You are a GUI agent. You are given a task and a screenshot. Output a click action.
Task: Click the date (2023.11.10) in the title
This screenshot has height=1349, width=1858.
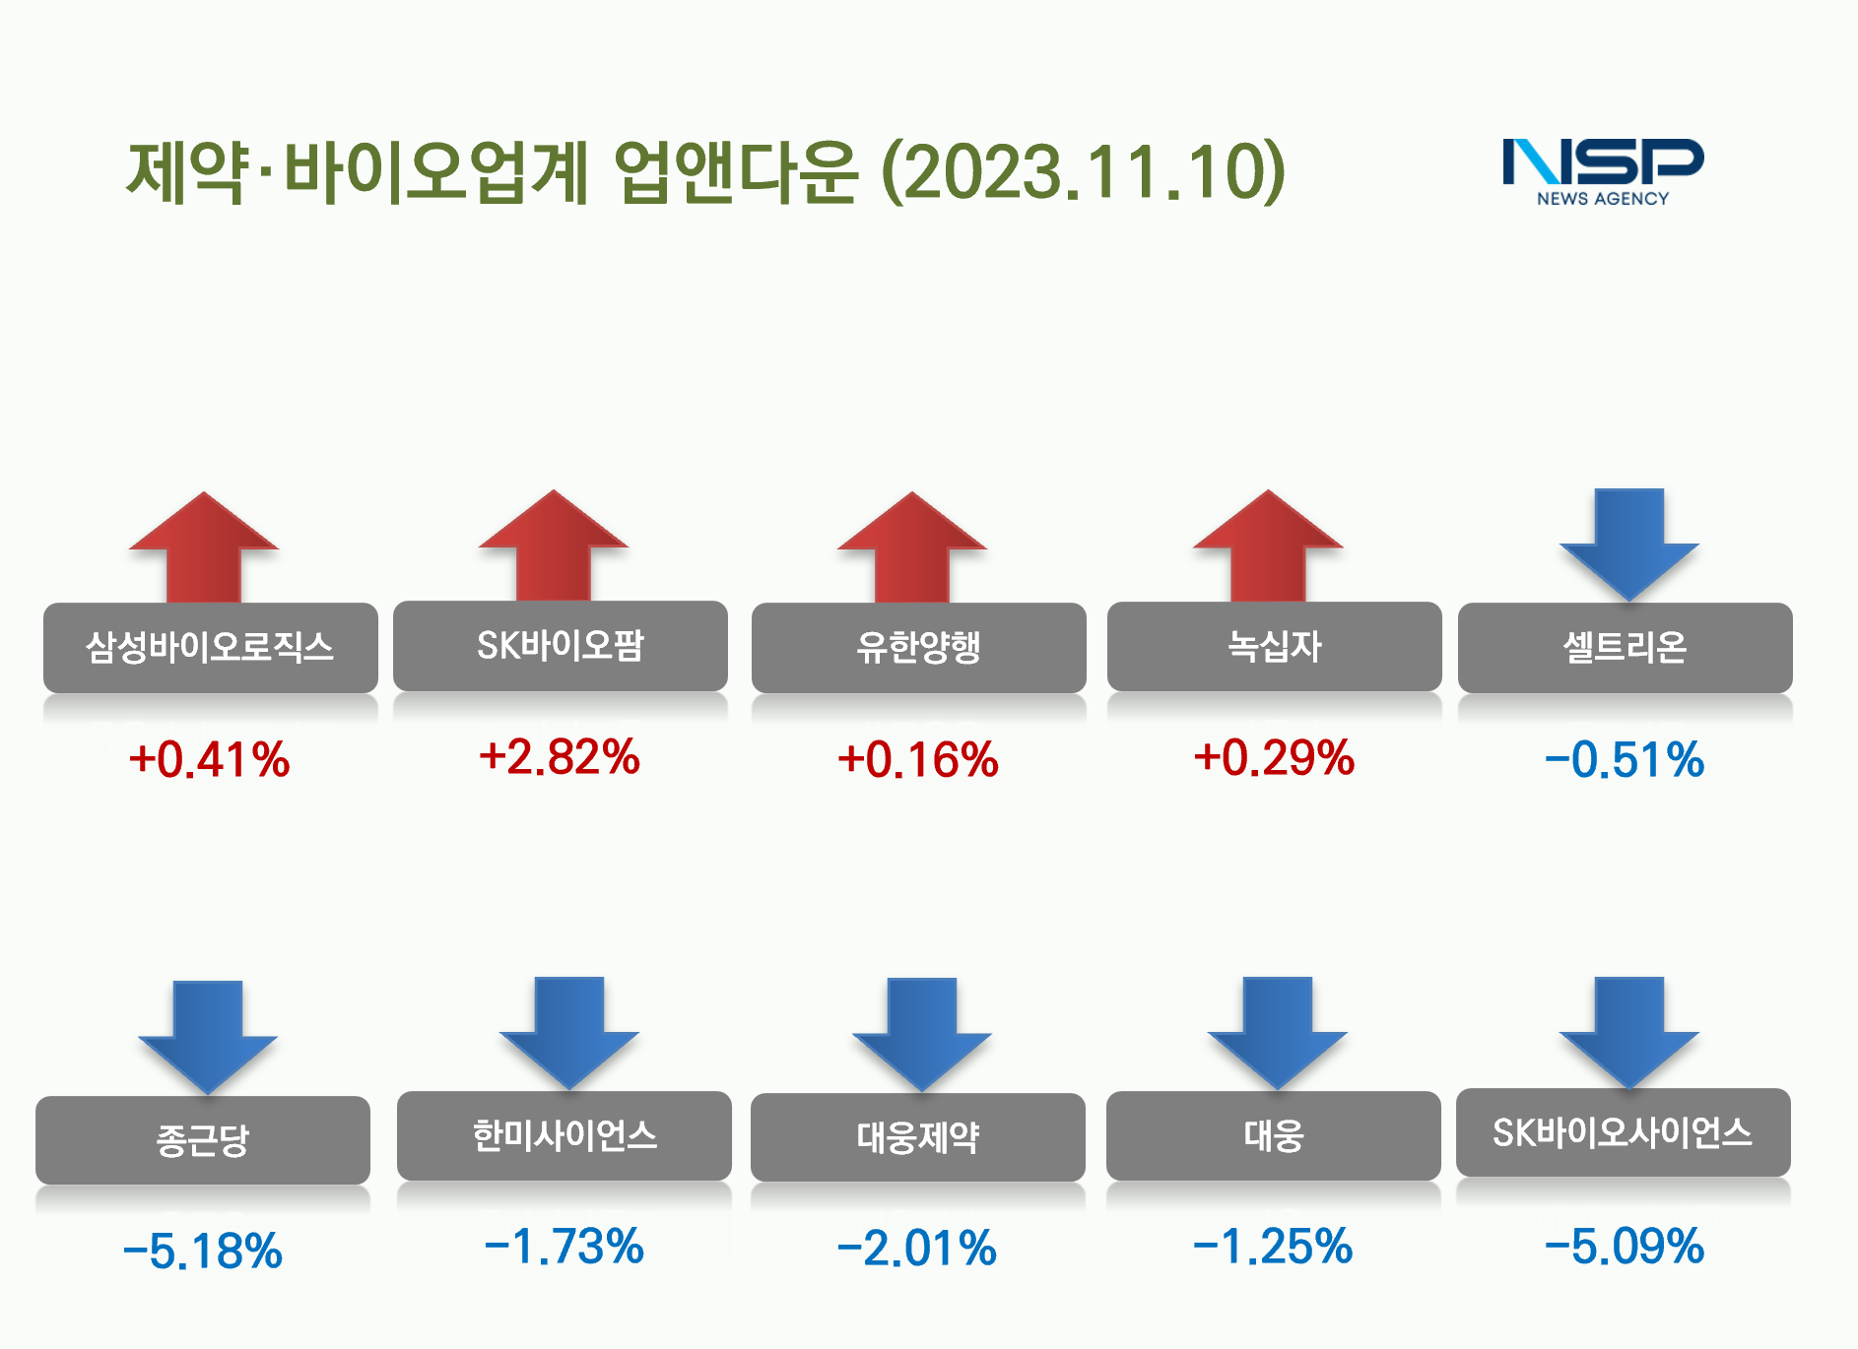[1084, 172]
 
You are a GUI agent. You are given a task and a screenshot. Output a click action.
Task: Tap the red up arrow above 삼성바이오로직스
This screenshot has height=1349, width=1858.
[204, 546]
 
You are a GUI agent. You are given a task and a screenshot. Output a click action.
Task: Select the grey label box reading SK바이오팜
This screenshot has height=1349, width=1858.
[561, 646]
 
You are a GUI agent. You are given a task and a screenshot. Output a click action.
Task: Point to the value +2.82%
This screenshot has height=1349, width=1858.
[560, 757]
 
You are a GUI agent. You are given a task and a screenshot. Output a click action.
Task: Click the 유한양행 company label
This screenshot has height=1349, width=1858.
[919, 648]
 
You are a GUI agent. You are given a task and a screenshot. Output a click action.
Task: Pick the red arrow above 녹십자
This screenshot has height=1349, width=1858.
[1269, 546]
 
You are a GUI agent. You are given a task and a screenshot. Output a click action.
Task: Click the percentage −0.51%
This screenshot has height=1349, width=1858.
[1625, 760]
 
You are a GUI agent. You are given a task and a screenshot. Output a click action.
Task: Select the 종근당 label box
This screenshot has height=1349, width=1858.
[203, 1140]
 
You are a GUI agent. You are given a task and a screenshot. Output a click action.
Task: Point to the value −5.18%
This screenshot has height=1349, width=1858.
[203, 1252]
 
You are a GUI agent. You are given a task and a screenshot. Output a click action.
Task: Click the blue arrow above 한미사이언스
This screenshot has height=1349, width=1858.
[569, 1034]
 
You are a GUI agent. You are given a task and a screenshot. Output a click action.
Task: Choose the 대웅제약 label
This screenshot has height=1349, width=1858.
[918, 1137]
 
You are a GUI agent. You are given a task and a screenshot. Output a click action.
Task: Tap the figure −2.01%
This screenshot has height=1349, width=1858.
[917, 1249]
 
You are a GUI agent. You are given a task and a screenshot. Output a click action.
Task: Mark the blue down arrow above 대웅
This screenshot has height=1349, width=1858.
[1278, 1034]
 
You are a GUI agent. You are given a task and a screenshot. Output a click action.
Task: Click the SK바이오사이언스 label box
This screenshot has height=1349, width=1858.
[1624, 1132]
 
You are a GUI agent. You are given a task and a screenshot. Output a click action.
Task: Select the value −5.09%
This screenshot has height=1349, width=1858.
[1625, 1247]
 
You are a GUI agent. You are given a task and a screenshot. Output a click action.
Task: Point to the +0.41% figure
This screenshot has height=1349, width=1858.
[209, 760]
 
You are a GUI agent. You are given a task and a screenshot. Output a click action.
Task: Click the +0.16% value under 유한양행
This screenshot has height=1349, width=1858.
[918, 760]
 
